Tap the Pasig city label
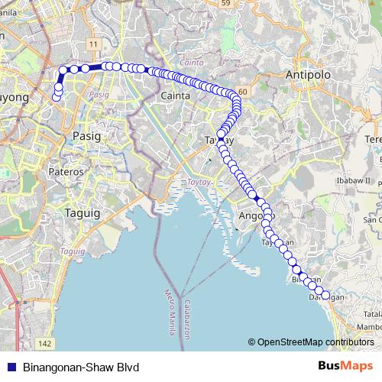click(x=86, y=135)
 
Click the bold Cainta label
click(x=175, y=95)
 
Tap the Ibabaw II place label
click(x=356, y=180)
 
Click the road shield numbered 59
click(x=226, y=4)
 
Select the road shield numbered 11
click(x=93, y=46)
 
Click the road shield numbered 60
click(x=242, y=92)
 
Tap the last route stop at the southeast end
click(x=325, y=295)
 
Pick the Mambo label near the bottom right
click(x=370, y=327)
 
